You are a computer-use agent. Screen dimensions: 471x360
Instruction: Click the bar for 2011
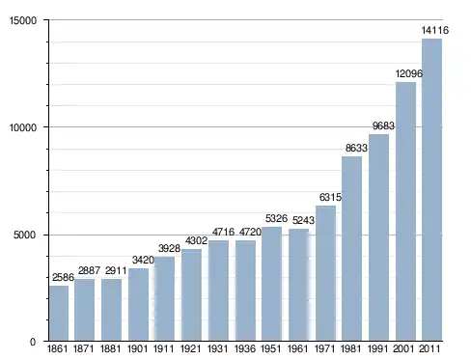pos(431,190)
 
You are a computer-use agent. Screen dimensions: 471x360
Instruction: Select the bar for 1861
pos(59,314)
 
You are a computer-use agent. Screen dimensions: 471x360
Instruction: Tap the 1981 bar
pos(351,249)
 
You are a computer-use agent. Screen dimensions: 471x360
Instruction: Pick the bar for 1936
pos(245,291)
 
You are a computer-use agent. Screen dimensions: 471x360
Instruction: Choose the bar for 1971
pos(325,273)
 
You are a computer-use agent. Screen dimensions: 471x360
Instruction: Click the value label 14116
pos(435,30)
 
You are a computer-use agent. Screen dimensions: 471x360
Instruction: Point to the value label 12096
pos(408,73)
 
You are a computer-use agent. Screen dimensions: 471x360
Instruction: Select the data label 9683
pos(383,125)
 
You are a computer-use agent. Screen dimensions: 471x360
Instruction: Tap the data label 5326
pos(276,218)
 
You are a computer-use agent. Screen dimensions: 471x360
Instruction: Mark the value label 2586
pos(63,277)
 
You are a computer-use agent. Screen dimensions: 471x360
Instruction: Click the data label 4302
pos(196,240)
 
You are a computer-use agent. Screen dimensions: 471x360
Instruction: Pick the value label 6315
pos(330,197)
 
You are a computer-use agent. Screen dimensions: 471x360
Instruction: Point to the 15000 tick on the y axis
pos(23,20)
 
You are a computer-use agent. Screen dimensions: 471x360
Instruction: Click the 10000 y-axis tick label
pos(23,127)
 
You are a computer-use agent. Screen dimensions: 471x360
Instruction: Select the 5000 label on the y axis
pos(25,235)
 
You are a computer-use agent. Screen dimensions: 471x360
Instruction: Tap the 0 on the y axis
pos(33,342)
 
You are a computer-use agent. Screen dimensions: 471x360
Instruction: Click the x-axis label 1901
pos(137,348)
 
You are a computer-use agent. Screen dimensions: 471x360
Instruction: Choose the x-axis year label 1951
pos(270,348)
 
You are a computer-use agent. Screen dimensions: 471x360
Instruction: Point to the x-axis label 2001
pos(403,348)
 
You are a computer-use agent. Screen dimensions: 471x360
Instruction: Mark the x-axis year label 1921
pos(190,348)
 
